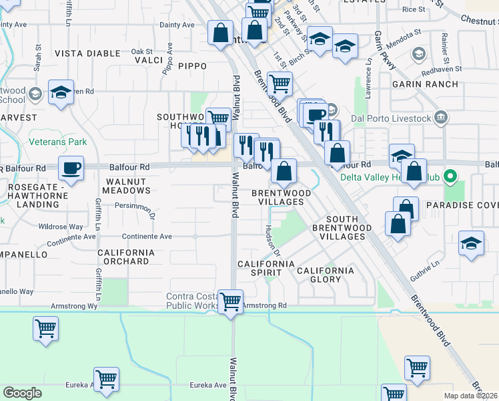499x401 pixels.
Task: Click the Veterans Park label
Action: pos(59,142)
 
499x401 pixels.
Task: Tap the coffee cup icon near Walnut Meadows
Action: pos(71,168)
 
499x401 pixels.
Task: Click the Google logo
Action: pos(22,393)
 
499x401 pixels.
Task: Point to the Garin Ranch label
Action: pos(425,84)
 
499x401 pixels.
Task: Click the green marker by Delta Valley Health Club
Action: pos(450,177)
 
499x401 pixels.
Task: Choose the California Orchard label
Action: pos(126,257)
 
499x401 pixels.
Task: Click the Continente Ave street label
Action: pos(147,237)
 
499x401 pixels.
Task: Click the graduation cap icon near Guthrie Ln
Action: pos(471,244)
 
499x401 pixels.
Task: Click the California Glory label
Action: pos(326,275)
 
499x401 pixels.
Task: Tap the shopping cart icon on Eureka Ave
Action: pos(106,380)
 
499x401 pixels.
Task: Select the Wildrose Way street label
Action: pos(61,227)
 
